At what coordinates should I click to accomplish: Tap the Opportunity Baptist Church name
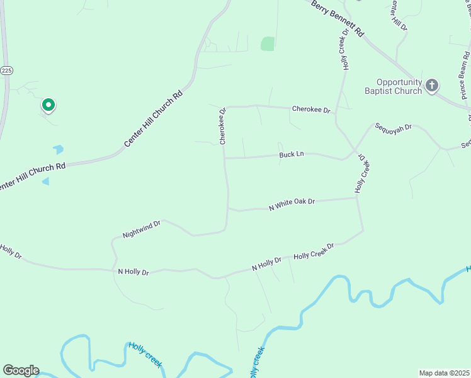[399, 86]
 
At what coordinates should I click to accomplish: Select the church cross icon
[432, 85]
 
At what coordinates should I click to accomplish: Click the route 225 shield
[6, 71]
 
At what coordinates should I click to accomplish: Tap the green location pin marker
[48, 105]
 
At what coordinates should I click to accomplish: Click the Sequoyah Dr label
[393, 127]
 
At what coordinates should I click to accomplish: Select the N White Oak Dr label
[291, 204]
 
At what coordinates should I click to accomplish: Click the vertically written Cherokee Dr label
[222, 127]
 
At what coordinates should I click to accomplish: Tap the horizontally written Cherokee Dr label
[311, 110]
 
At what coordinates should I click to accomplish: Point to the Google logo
[21, 370]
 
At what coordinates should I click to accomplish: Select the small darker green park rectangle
[268, 43]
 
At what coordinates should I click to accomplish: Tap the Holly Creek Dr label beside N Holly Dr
[314, 250]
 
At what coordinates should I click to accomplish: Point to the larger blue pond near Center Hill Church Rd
[59, 150]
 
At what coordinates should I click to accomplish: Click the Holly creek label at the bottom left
[145, 355]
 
